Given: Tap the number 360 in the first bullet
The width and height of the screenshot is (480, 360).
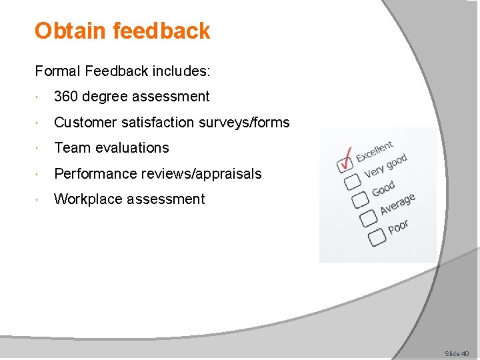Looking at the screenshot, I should point(66,97).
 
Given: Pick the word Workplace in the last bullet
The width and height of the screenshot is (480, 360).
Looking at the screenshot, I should point(88,199).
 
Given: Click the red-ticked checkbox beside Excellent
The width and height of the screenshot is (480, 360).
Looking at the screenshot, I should point(345,163).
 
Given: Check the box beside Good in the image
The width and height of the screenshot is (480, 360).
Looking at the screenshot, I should point(361,199).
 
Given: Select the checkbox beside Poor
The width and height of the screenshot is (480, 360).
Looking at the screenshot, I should point(377,235).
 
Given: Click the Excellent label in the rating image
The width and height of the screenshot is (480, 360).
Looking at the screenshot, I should point(375,151).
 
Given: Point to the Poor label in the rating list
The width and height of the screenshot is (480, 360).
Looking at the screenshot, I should point(398,227).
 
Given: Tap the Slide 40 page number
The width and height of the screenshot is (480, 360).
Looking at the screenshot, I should point(457,353).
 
